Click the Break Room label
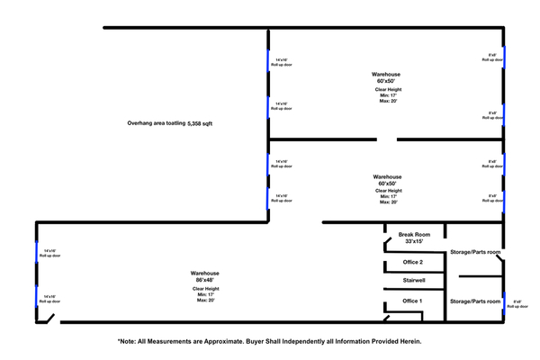pos(413,234)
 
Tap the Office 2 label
pos(413,262)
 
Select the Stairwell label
pos(413,281)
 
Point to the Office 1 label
pos(413,301)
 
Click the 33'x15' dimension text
pos(413,241)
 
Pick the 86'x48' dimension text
pos(205,280)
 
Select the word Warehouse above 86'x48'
pos(205,273)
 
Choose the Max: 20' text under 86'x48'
pos(205,301)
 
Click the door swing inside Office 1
pos(388,316)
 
